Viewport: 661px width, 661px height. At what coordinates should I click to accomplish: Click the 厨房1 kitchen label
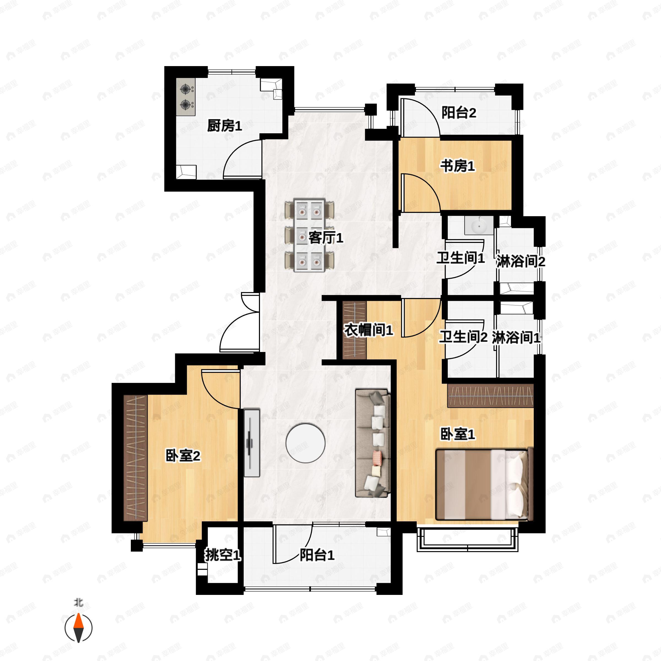(224, 126)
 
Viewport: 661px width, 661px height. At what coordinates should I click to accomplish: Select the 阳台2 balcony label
(459, 113)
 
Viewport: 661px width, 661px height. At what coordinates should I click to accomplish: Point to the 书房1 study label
(457, 166)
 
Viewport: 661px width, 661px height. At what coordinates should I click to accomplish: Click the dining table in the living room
(309, 236)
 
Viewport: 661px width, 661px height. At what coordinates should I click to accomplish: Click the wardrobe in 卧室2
(135, 459)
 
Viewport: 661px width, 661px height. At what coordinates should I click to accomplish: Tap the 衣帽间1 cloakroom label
(368, 330)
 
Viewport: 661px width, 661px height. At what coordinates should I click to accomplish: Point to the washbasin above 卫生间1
(479, 226)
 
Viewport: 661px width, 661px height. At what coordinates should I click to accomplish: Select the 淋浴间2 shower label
(520, 261)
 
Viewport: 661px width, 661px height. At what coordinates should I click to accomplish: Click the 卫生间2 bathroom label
(463, 337)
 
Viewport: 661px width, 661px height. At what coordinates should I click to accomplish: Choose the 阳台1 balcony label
(317, 555)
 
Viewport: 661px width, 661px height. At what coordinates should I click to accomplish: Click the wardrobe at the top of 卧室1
(490, 395)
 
